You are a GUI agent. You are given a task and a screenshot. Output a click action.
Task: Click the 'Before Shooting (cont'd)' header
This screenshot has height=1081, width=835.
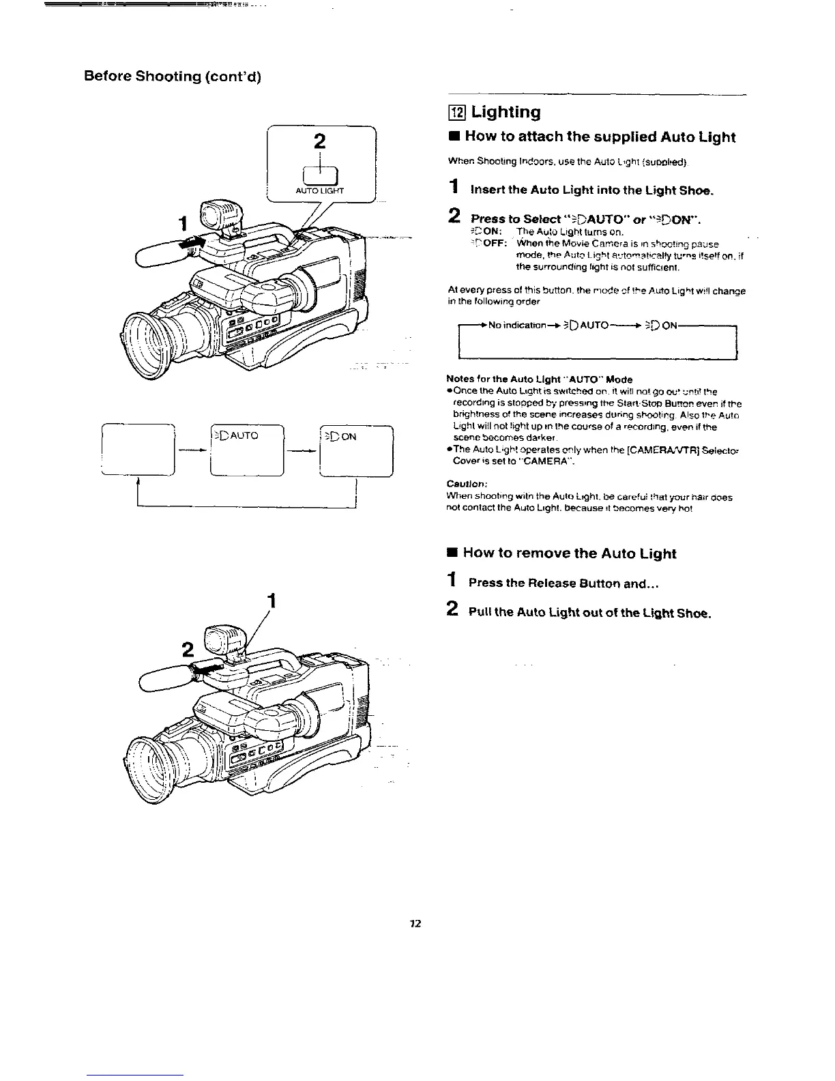(x=173, y=76)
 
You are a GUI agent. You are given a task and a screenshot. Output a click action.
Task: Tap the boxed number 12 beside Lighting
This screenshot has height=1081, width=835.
(x=456, y=113)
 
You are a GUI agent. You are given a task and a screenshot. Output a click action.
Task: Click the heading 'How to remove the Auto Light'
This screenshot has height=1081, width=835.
(x=570, y=553)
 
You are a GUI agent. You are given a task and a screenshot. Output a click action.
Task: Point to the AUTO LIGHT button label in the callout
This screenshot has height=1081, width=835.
(x=320, y=191)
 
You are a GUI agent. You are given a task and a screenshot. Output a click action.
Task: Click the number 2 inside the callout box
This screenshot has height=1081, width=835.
(x=319, y=141)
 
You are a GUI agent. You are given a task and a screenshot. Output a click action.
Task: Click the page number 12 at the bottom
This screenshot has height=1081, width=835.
(x=415, y=924)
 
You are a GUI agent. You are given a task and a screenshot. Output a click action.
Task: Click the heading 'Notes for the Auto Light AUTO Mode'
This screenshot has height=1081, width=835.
(x=539, y=379)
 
